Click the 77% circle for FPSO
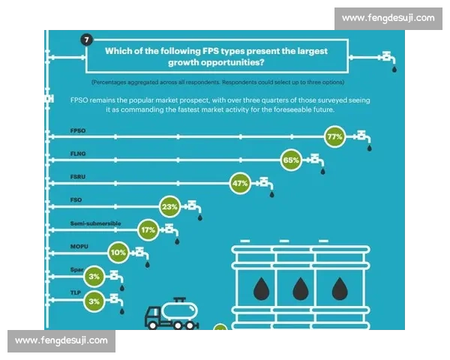334,136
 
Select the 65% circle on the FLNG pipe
291,160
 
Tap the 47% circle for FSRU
240,183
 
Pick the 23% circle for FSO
169,207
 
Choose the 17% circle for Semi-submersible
148,230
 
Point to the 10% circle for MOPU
118,253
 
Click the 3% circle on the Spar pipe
94,277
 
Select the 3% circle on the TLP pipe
94,301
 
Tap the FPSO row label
78,130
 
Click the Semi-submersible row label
95,223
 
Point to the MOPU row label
79,246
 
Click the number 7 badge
87,39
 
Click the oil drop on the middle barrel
301,289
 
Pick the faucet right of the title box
388,58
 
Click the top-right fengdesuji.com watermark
388,18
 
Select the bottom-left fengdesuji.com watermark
61,340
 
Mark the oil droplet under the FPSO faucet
369,148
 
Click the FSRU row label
78,176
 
